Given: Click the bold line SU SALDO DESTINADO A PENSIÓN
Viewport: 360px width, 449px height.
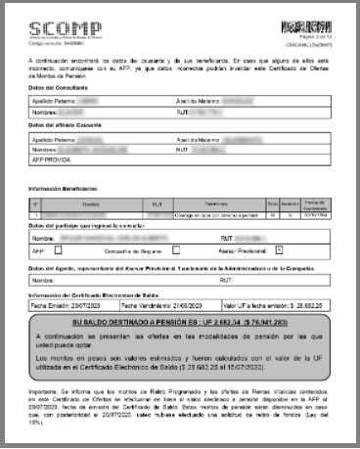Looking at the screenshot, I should click(x=179, y=320).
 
